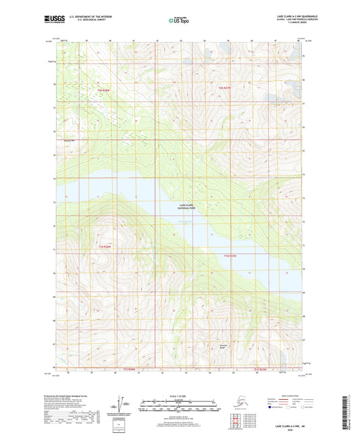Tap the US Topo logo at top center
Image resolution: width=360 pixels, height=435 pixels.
coord(179,22)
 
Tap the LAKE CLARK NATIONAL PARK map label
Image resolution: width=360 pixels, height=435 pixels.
coord(182,209)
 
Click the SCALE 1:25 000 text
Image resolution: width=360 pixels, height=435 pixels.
coord(179,394)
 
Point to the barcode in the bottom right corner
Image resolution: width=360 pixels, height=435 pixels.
coord(350,412)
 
